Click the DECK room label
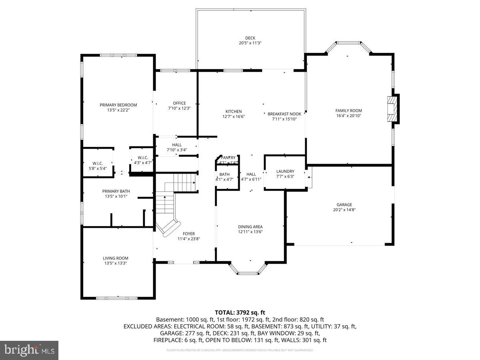click(250, 38)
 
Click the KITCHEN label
click(234, 111)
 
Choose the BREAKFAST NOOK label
click(284, 114)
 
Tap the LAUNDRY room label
click(285, 171)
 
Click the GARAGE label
click(344, 204)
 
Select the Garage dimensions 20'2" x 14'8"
click(344, 210)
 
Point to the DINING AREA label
click(250, 227)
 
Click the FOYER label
click(189, 234)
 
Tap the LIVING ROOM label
click(116, 258)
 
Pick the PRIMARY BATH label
click(116, 191)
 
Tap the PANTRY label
click(228, 158)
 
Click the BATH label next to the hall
click(224, 174)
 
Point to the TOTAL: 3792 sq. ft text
click(240, 312)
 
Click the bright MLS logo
click(29, 350)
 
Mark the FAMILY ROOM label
click(348, 110)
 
